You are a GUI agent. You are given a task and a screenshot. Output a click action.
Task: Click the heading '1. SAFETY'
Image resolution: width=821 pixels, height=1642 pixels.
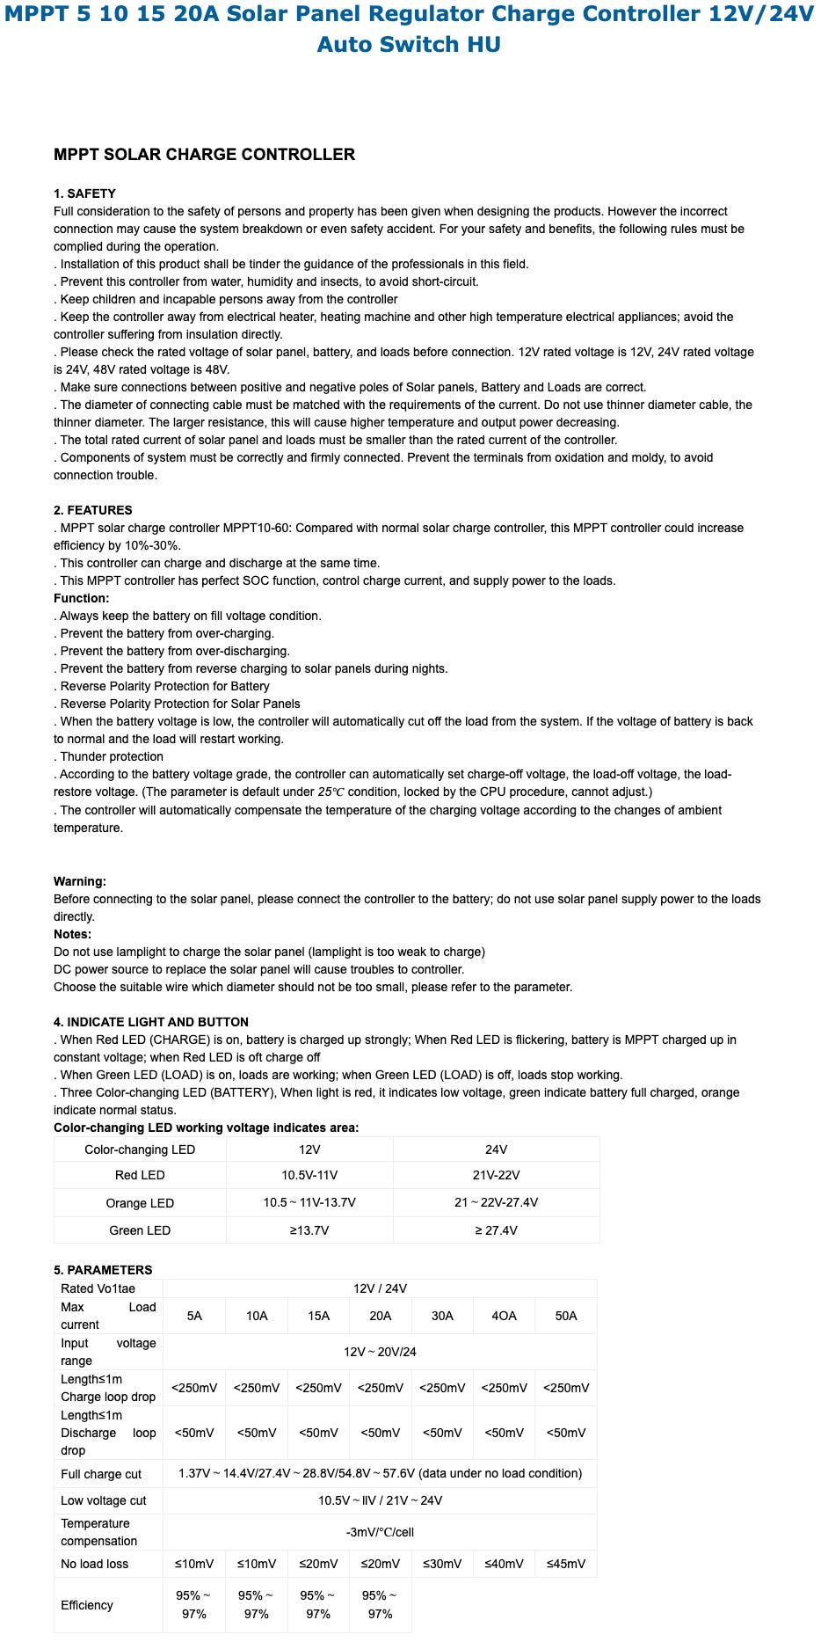point(84,193)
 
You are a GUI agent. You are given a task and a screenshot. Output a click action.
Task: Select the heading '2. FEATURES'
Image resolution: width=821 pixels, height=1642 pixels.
point(92,510)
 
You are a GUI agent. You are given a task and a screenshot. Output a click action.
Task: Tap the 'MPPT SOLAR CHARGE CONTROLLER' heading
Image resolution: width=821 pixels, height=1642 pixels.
point(204,155)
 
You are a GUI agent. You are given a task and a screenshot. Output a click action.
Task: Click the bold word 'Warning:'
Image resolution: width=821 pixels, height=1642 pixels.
point(79,881)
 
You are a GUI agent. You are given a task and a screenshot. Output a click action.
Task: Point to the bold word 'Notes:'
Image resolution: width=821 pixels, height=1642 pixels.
point(72,934)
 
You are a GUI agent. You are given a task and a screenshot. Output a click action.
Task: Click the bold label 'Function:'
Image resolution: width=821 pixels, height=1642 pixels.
point(81,598)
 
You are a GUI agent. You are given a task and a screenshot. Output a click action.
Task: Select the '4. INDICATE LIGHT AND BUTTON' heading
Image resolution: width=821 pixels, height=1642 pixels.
point(150,1022)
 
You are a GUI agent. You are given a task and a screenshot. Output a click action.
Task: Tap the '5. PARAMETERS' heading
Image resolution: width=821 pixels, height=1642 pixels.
point(103,1270)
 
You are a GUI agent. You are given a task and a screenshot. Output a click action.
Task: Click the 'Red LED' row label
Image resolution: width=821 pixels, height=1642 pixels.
point(140,1175)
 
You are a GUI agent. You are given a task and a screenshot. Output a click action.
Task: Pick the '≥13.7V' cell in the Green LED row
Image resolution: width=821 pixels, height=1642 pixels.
point(309,1230)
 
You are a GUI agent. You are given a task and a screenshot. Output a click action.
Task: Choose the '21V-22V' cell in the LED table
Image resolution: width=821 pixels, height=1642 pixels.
point(496,1175)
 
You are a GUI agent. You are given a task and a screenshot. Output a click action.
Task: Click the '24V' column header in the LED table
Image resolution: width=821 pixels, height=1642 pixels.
point(496,1149)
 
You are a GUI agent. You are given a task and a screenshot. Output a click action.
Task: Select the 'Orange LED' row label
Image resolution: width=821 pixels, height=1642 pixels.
point(140,1203)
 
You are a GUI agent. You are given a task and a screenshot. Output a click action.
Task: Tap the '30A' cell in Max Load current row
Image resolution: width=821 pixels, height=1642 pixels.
point(442,1316)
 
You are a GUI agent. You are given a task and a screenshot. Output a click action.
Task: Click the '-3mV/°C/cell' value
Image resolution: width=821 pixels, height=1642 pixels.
point(380,1532)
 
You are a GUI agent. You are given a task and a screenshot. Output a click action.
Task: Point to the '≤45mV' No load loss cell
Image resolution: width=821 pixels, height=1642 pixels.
point(565,1564)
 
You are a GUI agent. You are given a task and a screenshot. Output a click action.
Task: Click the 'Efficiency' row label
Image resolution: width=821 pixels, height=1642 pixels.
point(87,1605)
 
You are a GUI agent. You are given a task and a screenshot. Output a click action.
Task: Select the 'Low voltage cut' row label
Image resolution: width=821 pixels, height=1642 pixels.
point(104,1500)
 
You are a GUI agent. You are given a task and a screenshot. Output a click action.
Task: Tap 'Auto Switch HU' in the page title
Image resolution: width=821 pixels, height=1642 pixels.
point(409,44)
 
